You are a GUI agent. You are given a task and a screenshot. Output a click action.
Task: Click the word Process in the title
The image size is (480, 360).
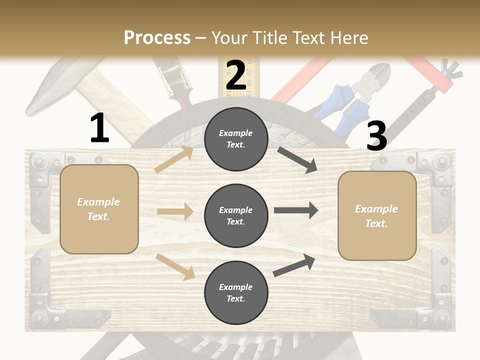(x=157, y=37)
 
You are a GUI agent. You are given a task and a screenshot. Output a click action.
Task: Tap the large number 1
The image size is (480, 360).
(x=99, y=128)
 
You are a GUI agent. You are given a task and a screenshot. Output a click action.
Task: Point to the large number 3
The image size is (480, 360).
(x=376, y=136)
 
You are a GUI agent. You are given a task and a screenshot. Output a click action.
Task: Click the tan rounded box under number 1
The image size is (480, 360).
(x=99, y=209)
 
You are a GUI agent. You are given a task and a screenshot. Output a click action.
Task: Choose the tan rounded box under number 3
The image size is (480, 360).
(x=377, y=215)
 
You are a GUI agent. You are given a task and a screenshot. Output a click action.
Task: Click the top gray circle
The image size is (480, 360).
(x=236, y=139)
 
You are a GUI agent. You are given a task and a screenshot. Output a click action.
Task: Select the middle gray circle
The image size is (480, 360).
(x=236, y=215)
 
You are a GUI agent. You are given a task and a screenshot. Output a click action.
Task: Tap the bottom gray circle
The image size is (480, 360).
(x=236, y=292)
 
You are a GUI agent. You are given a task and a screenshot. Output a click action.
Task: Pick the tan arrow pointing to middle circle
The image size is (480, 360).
(x=175, y=211)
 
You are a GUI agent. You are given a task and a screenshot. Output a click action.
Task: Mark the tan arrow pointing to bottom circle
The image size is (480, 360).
(x=175, y=266)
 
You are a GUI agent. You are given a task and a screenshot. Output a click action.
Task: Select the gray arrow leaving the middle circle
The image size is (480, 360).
(x=296, y=210)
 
